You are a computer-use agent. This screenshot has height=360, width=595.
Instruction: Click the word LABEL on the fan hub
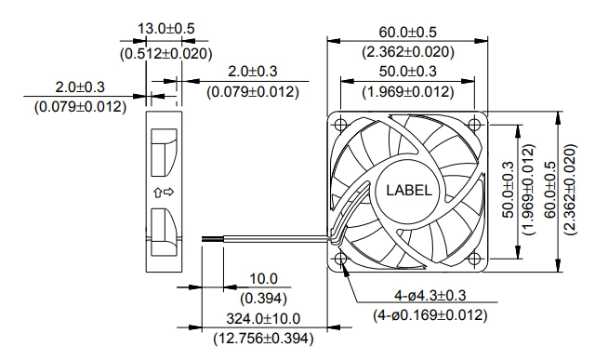pyautogui.click(x=409, y=190)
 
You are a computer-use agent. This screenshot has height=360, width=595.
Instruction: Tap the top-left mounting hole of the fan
pyautogui.click(x=341, y=124)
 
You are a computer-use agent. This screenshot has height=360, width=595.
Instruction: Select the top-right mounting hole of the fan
pyautogui.click(x=474, y=124)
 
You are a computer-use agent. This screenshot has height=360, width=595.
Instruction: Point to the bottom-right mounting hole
pyautogui.click(x=474, y=259)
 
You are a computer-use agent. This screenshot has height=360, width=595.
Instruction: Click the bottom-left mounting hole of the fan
pyautogui.click(x=341, y=259)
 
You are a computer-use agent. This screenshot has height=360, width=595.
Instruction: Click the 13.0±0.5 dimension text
pyautogui.click(x=165, y=29)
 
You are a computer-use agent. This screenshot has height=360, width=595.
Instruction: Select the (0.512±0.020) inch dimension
pyautogui.click(x=165, y=54)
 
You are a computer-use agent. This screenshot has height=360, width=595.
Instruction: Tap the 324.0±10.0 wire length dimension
pyautogui.click(x=263, y=318)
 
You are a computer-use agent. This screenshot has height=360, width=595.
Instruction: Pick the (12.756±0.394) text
pyautogui.click(x=263, y=338)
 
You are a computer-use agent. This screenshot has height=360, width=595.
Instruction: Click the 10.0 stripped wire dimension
pyautogui.click(x=263, y=279)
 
